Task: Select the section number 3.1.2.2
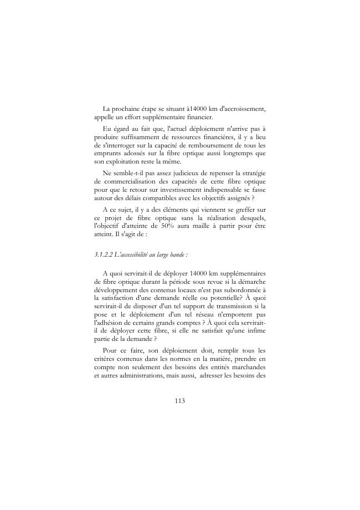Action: [104, 254]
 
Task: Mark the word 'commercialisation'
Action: [135, 181]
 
